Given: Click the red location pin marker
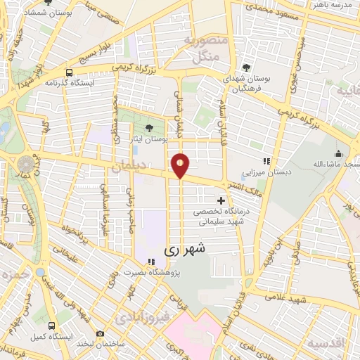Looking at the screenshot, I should pos(181,165).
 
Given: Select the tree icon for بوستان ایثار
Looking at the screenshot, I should pos(148,127).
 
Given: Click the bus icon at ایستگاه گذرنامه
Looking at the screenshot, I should pos(68,72).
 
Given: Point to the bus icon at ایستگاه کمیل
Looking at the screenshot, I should pos(51,326).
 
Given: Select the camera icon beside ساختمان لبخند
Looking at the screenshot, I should pos(100,333).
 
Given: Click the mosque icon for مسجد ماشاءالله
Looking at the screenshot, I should pos(339,153).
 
